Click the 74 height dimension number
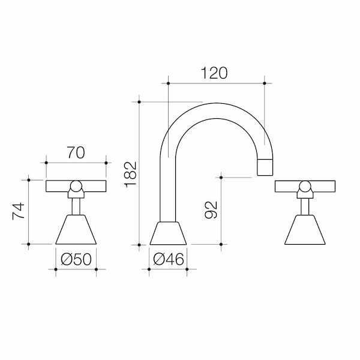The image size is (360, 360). pos(20,212)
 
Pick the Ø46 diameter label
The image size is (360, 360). pos(168,260)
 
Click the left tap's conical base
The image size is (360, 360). pos(76,230)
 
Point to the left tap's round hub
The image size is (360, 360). pos(76,188)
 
